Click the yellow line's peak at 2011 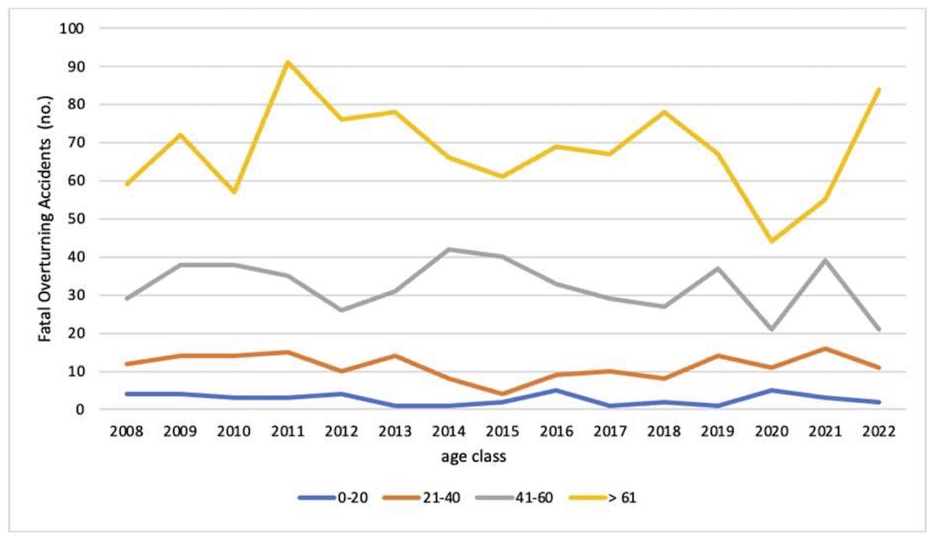(288, 62)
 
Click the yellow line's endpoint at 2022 (879, 89)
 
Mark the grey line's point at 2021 (825, 260)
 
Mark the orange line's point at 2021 (825, 348)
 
